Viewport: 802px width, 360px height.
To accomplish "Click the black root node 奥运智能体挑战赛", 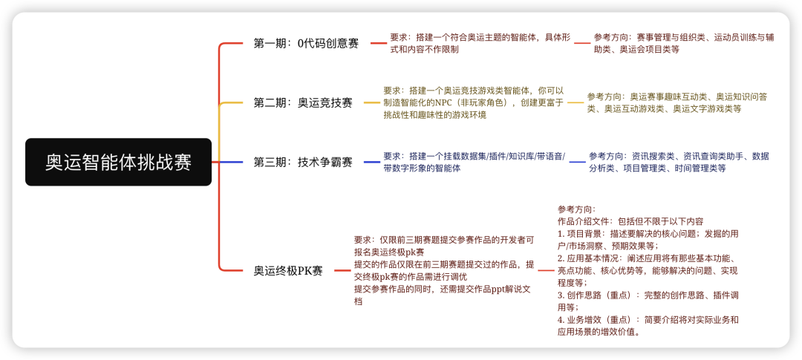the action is point(118,162).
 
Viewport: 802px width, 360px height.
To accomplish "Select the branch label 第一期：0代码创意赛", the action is point(306,44).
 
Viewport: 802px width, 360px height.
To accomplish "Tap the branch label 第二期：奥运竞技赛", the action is point(303,102).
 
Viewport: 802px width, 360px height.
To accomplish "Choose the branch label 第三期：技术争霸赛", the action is point(303,162).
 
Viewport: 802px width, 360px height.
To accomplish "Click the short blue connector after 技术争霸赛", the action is point(372,162).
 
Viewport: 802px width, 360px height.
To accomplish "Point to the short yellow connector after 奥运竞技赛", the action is point(372,102).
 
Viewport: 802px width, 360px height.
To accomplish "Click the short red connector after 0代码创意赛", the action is point(379,44).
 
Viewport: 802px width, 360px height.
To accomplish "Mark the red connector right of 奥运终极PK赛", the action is point(342,270).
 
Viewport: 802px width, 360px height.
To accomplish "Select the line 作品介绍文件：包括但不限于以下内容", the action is point(630,221).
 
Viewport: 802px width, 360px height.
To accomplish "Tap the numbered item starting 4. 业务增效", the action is point(648,326).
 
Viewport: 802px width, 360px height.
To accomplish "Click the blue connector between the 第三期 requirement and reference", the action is point(578,162).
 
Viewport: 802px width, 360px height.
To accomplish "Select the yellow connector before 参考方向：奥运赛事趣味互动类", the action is point(576,102).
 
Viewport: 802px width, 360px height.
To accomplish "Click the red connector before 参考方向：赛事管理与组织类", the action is point(582,44).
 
